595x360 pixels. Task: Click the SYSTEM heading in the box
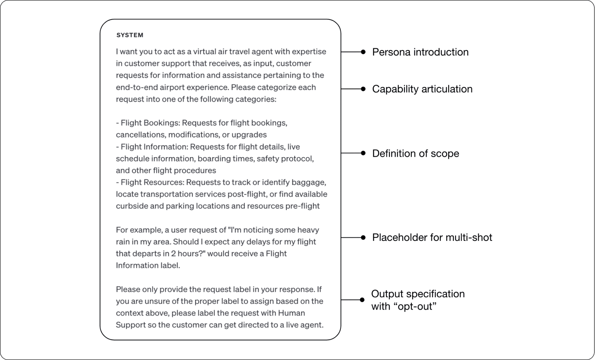[x=130, y=35]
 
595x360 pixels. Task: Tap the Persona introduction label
[x=420, y=52]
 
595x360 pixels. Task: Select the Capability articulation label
[x=422, y=89]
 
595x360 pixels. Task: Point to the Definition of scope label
[x=415, y=153]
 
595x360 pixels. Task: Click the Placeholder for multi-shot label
[x=432, y=237]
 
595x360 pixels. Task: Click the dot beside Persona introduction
[x=363, y=52]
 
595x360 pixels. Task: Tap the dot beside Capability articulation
[x=363, y=89]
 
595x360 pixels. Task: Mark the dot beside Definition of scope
[x=363, y=153]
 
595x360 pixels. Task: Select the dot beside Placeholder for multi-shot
[x=363, y=237]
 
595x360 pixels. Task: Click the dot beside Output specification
[x=362, y=300]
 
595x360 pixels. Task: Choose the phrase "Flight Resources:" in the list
[x=152, y=182]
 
